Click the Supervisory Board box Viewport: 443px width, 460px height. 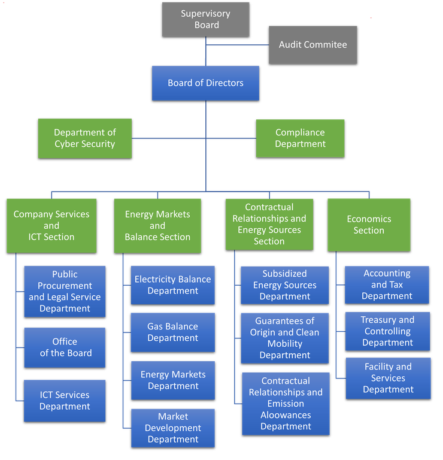(x=206, y=19)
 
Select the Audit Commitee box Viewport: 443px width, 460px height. (x=312, y=44)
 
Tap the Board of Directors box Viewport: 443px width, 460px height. (x=205, y=83)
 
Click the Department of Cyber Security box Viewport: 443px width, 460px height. (x=84, y=138)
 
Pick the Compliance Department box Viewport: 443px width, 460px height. (x=300, y=138)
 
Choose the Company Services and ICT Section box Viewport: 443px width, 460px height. (x=51, y=225)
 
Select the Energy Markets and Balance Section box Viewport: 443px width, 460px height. (x=157, y=225)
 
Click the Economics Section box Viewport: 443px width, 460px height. (x=369, y=225)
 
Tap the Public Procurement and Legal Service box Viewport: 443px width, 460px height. (x=65, y=291)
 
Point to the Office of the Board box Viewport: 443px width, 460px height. (x=65, y=347)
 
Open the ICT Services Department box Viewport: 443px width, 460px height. (x=65, y=400)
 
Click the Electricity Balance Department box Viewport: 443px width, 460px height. (x=172, y=285)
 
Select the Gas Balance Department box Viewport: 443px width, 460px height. (x=172, y=332)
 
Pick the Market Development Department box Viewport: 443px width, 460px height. (x=172, y=428)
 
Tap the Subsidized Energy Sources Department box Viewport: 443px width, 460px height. (x=284, y=285)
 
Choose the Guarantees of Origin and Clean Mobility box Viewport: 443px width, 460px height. (x=284, y=338)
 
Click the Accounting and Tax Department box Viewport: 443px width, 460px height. (x=387, y=285)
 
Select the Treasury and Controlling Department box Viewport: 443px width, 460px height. (x=387, y=331)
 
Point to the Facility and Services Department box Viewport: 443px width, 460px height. (x=388, y=378)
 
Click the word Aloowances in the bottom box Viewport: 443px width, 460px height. (x=286, y=415)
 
